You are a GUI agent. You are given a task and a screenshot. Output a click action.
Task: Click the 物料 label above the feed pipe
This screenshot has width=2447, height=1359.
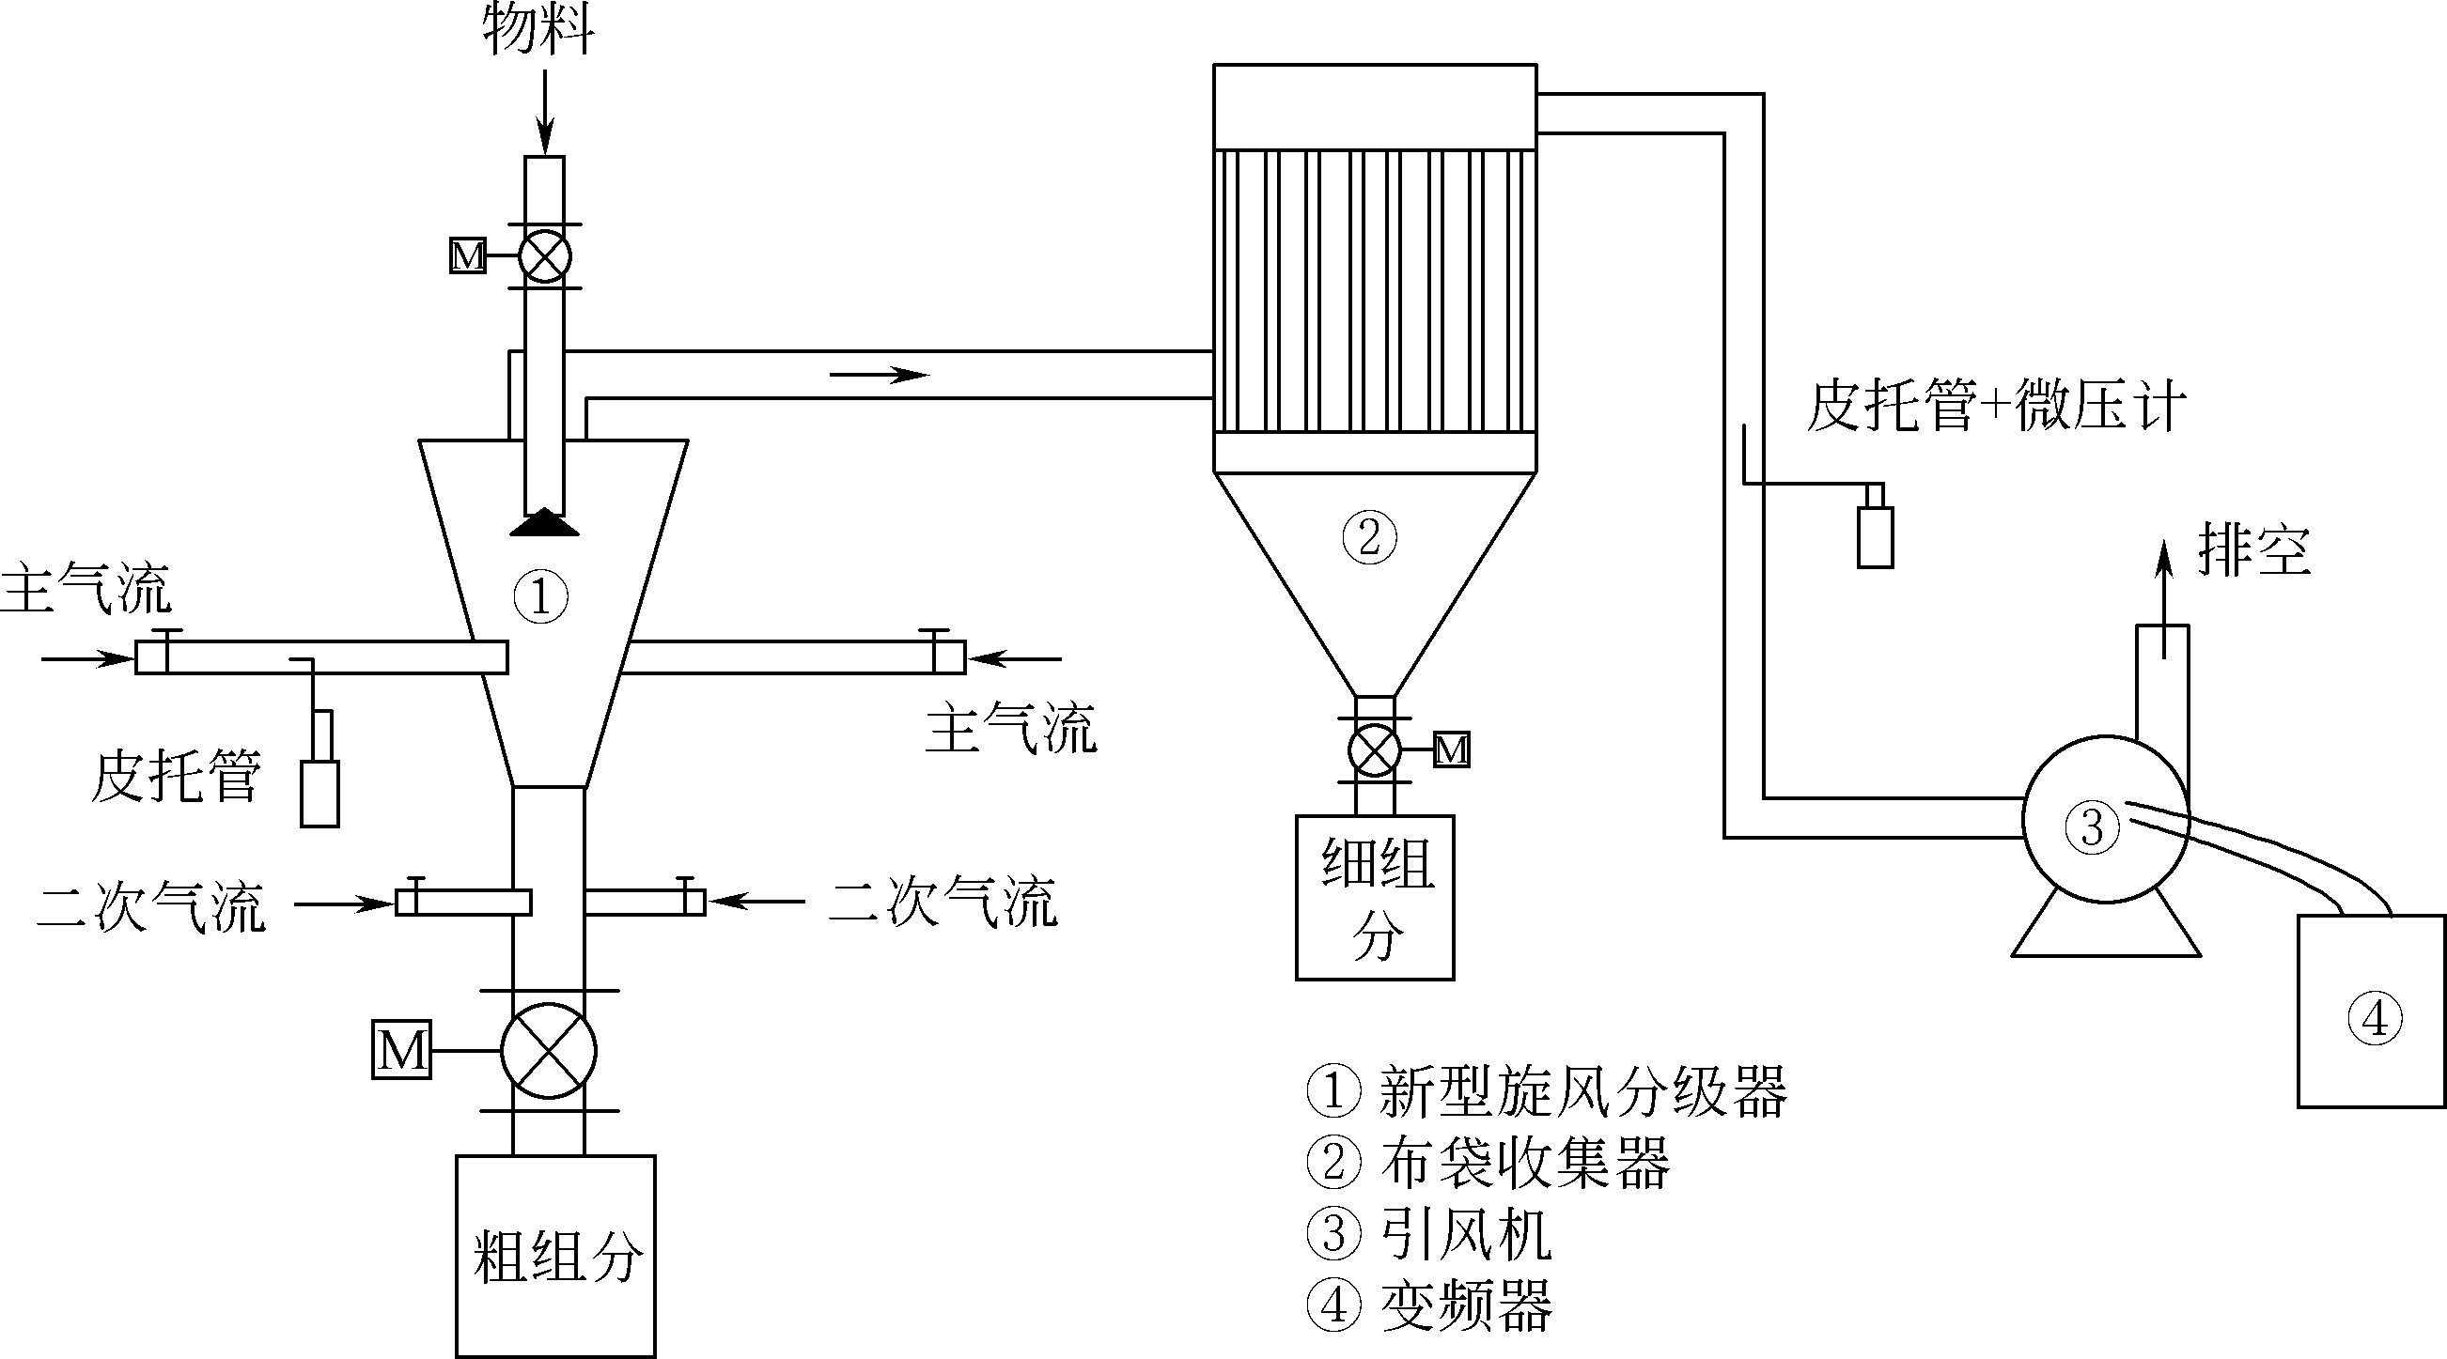pos(538,28)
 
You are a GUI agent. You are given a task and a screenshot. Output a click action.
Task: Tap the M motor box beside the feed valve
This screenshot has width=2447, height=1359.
pos(467,256)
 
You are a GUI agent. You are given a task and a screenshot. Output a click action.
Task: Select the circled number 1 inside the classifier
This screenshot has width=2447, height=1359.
pos(540,596)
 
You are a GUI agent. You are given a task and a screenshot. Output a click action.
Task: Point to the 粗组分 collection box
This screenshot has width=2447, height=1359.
pos(555,1256)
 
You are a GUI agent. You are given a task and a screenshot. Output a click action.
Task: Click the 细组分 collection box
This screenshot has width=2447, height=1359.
pos(1375,897)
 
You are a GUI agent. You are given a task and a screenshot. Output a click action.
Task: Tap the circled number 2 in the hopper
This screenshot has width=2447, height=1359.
pos(1369,537)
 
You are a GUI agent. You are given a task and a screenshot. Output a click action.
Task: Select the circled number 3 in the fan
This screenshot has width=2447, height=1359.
pos(2092,826)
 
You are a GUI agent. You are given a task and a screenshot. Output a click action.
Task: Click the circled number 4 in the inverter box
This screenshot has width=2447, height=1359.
pos(2374,1019)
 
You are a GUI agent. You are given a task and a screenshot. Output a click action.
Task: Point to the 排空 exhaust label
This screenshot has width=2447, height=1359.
pos(2254,550)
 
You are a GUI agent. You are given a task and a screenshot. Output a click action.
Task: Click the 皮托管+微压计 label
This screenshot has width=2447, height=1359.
pos(1996,407)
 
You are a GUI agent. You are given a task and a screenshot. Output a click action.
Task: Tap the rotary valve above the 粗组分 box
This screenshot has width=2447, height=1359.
pos(548,1050)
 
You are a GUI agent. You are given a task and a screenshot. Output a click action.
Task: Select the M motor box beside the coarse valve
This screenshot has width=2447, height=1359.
pos(401,1049)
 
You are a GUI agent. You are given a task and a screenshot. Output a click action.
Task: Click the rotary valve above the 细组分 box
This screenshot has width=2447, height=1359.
pos(1374,750)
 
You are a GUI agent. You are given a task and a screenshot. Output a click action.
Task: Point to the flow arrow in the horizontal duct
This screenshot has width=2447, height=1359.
pos(879,375)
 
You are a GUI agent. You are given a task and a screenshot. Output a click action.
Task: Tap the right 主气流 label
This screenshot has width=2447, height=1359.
pos(1011,730)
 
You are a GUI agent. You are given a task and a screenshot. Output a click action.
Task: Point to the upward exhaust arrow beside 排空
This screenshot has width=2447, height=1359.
pos(2164,598)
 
